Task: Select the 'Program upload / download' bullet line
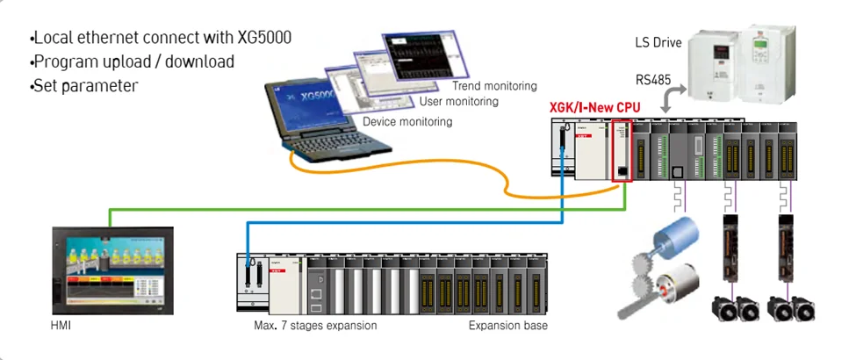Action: coord(132,62)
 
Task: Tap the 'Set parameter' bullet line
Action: coord(84,86)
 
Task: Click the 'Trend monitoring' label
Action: coord(494,86)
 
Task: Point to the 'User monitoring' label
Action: coord(457,102)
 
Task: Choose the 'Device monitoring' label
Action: coord(407,122)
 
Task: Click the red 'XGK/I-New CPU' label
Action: coord(594,107)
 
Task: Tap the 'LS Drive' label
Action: coord(658,42)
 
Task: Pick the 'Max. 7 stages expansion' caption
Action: coord(309,326)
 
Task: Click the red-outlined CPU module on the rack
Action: coord(622,154)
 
